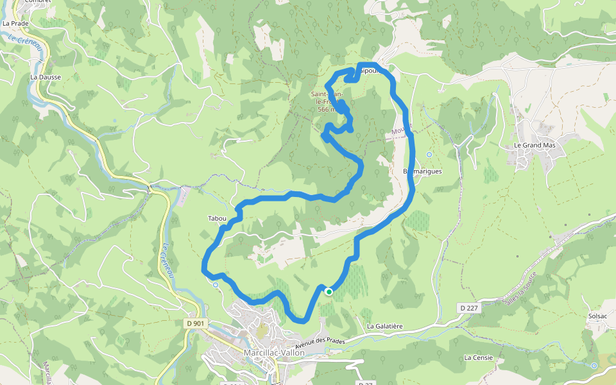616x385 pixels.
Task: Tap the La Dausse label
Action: pos(46,77)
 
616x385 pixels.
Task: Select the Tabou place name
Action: pos(217,219)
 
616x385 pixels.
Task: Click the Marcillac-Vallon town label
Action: pos(275,353)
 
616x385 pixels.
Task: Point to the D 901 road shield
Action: pos(195,323)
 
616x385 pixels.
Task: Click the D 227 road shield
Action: pos(470,309)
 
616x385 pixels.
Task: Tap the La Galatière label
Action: pos(384,327)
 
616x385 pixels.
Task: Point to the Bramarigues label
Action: pos(422,172)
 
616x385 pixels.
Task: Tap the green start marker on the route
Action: pos(329,291)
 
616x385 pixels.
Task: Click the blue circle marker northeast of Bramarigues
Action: pos(429,155)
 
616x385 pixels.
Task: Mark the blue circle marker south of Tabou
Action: pos(216,285)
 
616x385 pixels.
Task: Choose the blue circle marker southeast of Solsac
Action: pos(594,366)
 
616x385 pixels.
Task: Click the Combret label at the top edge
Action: pos(37,2)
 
